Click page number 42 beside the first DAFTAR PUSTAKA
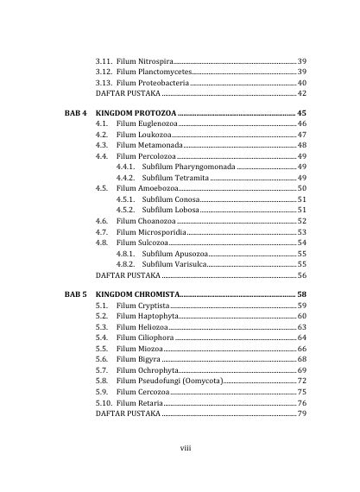click(301, 92)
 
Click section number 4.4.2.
click(126, 177)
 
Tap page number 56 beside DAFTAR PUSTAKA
click(301, 274)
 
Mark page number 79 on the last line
click(301, 413)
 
